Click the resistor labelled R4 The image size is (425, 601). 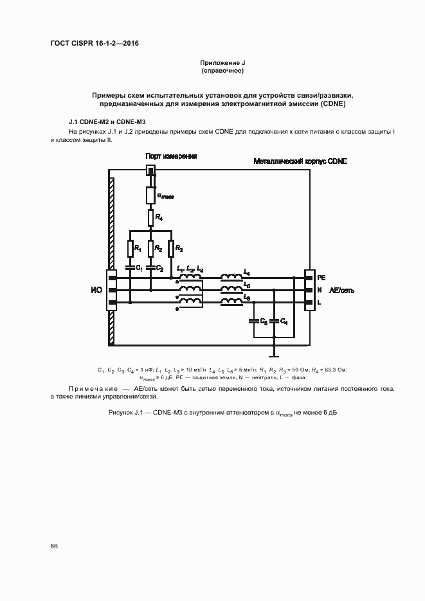(151, 218)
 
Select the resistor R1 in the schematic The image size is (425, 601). (131, 248)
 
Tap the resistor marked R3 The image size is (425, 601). (172, 248)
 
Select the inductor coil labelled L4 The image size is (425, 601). (231, 277)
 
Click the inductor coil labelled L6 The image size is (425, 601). (231, 301)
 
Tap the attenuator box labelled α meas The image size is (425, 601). (151, 193)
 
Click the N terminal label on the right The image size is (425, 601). (320, 290)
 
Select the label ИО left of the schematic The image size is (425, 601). (96, 291)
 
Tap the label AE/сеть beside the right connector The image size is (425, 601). (341, 291)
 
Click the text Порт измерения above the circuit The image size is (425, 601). (170, 156)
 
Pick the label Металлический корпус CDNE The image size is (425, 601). (300, 162)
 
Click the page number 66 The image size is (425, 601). (54, 546)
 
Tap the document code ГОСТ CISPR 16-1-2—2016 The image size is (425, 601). (95, 44)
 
